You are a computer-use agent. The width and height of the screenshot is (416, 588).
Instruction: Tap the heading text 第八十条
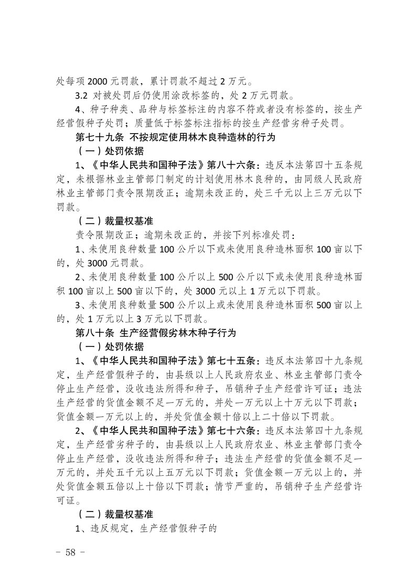coord(90,333)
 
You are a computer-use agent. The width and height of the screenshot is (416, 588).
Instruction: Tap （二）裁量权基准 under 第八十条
coord(112,514)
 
